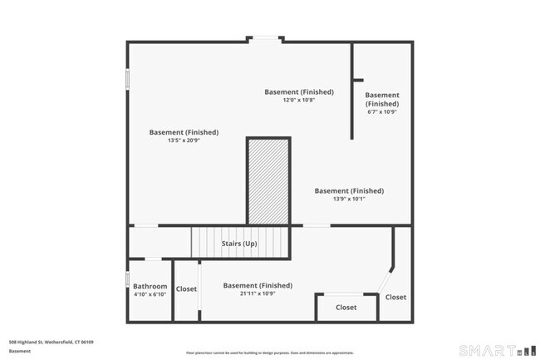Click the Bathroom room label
click(150, 285)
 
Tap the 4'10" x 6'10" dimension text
click(150, 293)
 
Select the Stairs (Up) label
click(238, 244)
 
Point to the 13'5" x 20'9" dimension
click(184, 141)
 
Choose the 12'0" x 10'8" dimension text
click(299, 100)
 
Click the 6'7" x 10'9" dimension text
click(382, 111)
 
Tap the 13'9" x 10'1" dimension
click(349, 199)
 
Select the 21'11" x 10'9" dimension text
click(258, 293)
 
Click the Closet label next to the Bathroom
click(186, 289)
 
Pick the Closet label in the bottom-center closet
click(346, 308)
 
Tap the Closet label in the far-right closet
click(395, 297)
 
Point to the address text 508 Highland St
click(51, 342)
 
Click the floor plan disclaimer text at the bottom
click(270, 352)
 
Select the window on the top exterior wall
click(266, 38)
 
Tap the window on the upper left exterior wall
click(127, 79)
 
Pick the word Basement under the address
click(19, 351)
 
